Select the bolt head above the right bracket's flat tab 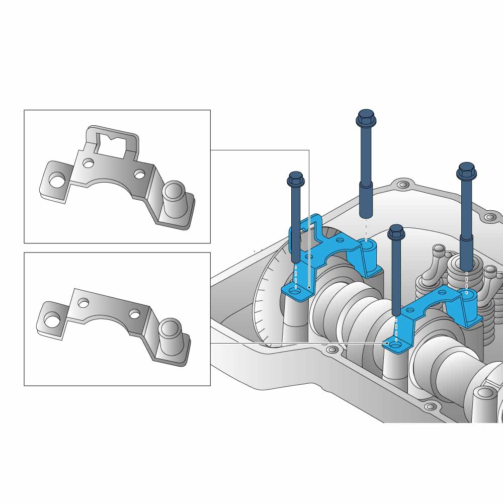coord(396,232)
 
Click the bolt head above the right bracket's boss coord(467,171)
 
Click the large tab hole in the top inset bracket coord(57,180)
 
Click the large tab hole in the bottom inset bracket coord(52,319)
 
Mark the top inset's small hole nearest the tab coord(89,163)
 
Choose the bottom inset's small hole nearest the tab coord(83,302)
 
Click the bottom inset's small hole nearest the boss coord(134,313)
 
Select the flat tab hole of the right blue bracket coord(395,345)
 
